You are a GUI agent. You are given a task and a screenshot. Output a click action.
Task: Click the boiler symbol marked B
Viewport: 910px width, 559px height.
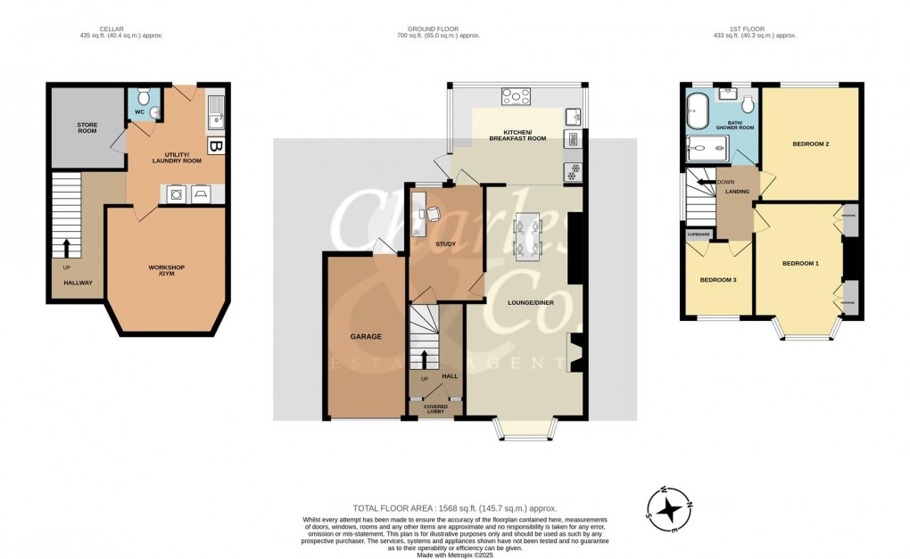[215, 145]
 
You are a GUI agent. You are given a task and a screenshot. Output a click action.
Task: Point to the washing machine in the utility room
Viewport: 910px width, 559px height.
[175, 193]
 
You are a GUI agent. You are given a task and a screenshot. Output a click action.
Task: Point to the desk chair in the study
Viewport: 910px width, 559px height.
[434, 213]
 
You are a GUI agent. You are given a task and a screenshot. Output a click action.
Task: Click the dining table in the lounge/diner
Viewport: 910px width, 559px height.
[526, 236]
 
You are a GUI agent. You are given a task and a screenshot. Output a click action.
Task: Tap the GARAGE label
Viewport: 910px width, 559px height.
[366, 336]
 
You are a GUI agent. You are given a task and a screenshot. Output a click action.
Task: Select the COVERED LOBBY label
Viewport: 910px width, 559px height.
[435, 409]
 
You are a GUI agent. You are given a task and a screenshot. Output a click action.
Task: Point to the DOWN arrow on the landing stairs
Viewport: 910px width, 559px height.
[709, 182]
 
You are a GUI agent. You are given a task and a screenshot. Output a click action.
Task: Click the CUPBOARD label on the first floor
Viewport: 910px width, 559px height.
[699, 235]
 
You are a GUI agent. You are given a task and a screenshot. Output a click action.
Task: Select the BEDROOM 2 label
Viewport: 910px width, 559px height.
[811, 144]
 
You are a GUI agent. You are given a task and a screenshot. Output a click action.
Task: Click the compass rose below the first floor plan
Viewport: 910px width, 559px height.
[668, 508]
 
